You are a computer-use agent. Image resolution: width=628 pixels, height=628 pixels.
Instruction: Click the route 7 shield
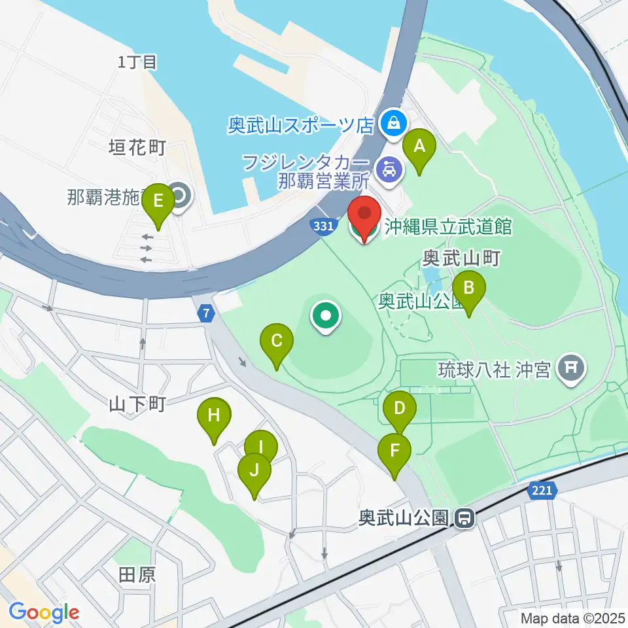207,314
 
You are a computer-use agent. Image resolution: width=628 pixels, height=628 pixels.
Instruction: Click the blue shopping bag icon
394,122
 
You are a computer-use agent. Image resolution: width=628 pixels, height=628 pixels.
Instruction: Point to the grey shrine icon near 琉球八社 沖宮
571,368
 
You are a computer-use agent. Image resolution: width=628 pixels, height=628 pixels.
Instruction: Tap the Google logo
44,613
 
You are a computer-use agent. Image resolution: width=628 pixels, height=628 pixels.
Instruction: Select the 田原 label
137,575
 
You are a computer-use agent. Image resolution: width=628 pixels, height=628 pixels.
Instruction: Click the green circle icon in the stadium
326,317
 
